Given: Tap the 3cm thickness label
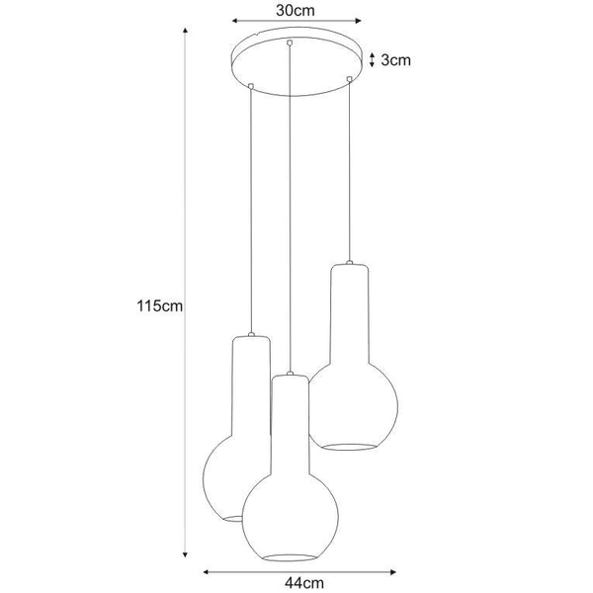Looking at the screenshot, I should (396, 60).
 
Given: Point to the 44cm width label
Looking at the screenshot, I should (300, 583).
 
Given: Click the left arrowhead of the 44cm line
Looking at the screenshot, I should (206, 570).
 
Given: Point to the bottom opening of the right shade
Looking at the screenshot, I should (354, 446).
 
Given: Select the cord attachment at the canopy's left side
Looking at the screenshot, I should (251, 85).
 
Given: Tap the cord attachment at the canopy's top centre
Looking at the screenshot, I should (289, 42).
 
